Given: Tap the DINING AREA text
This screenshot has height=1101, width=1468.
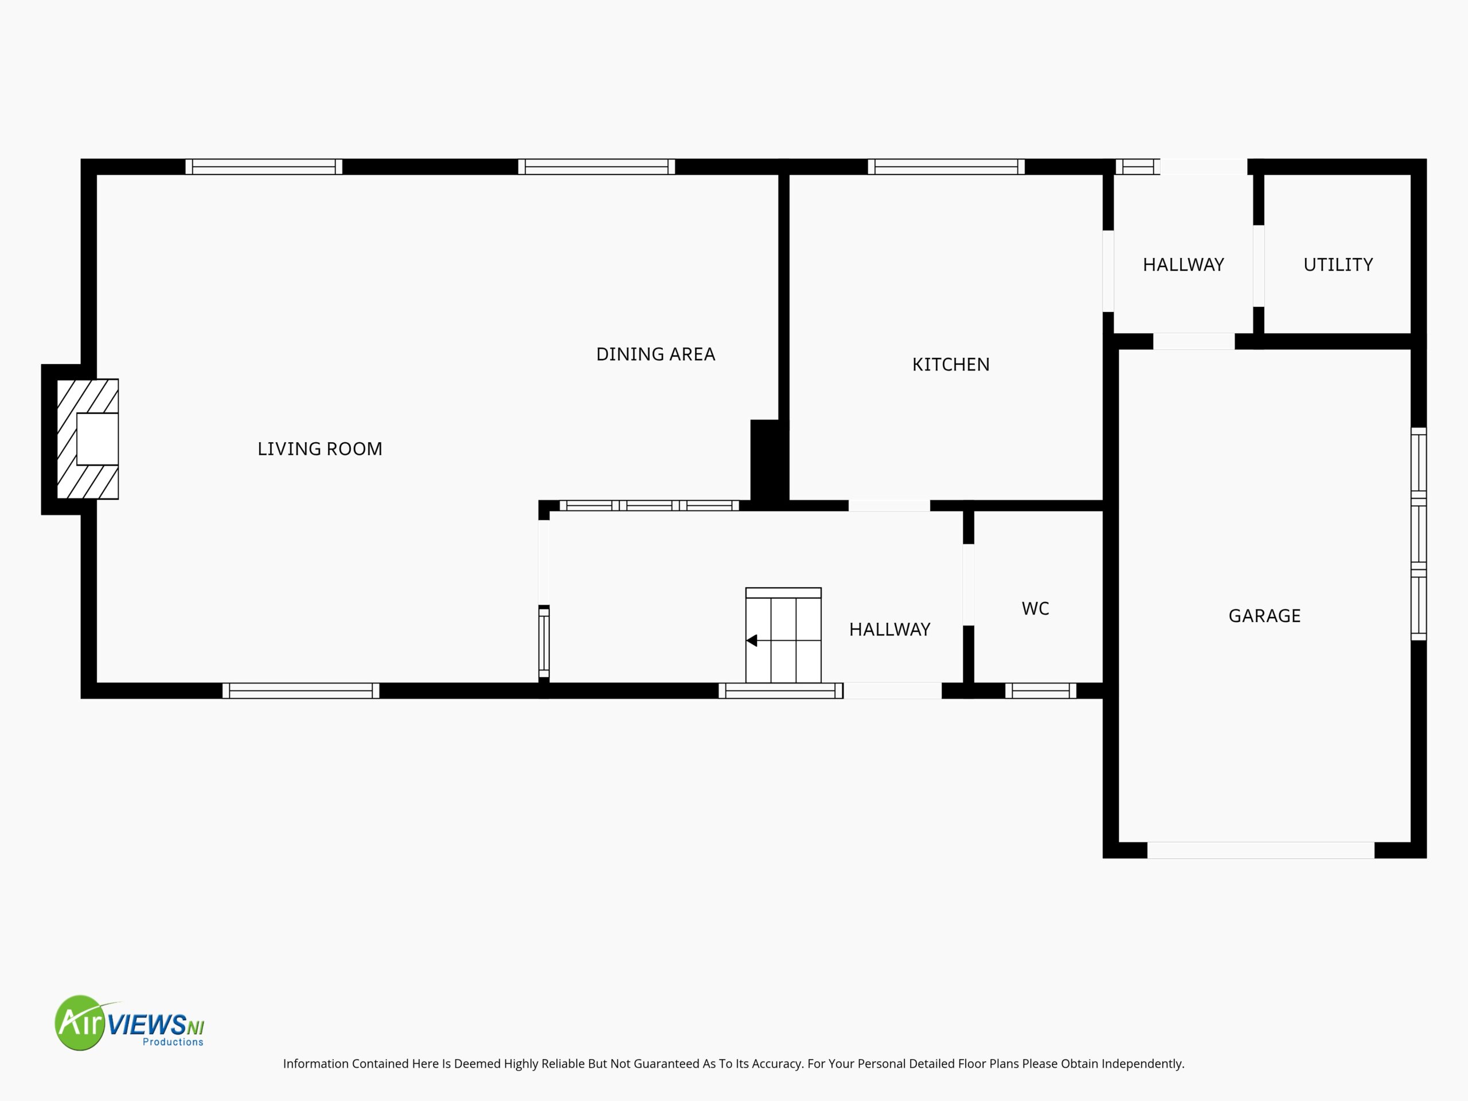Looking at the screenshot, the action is pos(655,354).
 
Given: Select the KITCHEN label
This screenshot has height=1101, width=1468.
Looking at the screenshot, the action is pos(951,364).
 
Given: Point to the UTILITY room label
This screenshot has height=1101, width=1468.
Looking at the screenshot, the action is pos(1338,265).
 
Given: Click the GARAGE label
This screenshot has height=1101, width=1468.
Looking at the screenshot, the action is pos(1264,616).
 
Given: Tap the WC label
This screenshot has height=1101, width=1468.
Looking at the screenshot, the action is pos(1035,608).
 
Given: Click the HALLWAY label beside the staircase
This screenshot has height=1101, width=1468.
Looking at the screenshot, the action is pos(889,629).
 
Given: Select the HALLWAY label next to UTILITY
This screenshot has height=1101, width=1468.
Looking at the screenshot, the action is pos(1184,265).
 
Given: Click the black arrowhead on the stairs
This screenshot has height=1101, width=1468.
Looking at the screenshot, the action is pos(752,641).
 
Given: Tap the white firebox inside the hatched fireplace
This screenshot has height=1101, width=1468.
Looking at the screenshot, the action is pos(97,439).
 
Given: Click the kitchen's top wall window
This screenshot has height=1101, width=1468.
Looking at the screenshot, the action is pos(946,166).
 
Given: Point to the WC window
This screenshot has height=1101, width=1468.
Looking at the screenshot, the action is pos(1041,691).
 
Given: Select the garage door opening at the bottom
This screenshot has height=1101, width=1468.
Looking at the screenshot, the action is pos(1260,850).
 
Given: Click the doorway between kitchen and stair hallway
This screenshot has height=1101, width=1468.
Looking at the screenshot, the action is pos(889,506).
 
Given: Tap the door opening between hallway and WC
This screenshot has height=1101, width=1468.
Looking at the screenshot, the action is pos(969,585).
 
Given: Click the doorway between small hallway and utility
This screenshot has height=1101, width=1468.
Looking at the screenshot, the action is pos(1258,266).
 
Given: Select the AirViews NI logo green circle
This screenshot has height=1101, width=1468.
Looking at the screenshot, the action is pos(80,1022).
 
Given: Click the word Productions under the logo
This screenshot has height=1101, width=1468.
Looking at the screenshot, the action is pos(173,1042).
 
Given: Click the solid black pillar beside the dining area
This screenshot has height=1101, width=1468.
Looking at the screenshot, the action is pos(769,460).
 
